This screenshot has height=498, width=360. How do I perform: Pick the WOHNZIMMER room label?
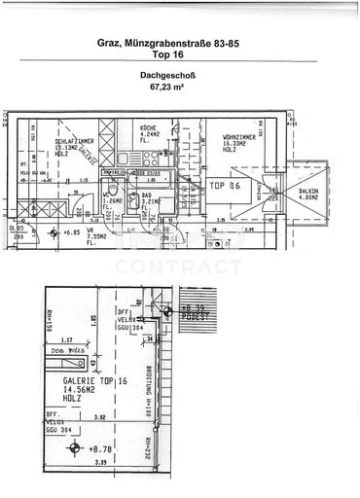(238, 137)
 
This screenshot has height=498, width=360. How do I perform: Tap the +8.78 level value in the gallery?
(101, 448)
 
